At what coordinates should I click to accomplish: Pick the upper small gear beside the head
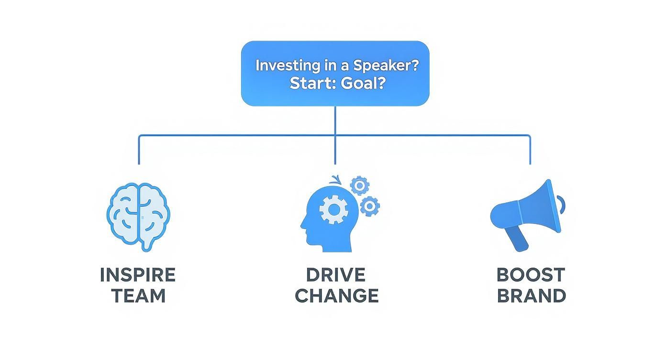[x=359, y=185]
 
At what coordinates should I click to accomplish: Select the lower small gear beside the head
[x=370, y=206]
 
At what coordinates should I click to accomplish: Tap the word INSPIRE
[x=138, y=275]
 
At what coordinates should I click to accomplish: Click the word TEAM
[x=138, y=296]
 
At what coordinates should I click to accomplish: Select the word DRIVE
[x=336, y=275]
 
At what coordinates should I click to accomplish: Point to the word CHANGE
[x=336, y=296]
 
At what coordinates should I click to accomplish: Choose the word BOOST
[x=531, y=275]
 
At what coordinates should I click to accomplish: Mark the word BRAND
[x=531, y=296]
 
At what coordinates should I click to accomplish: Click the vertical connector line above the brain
[x=139, y=151]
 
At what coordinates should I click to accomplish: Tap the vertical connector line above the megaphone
[x=530, y=151]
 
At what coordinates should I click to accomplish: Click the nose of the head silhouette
[x=302, y=223]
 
